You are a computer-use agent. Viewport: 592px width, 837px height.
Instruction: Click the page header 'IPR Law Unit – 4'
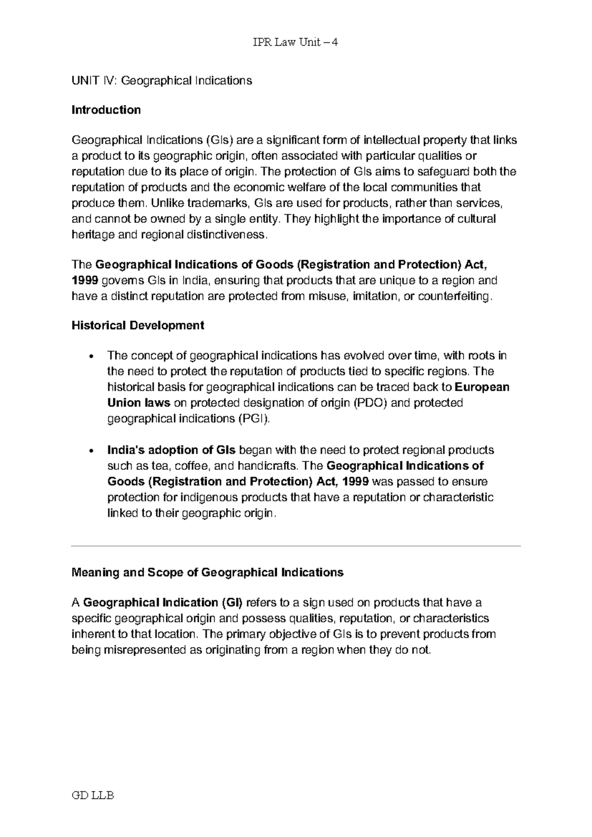point(296,42)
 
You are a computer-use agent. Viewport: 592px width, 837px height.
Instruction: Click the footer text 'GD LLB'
point(93,796)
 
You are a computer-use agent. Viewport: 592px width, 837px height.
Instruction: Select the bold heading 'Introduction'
point(106,110)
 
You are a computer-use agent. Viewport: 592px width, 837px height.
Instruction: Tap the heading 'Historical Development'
point(138,325)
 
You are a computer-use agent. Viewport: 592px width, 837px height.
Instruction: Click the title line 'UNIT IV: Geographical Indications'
point(162,80)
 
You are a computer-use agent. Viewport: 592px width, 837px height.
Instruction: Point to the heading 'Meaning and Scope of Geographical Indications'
point(207,572)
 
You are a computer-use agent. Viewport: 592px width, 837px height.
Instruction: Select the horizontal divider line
point(296,546)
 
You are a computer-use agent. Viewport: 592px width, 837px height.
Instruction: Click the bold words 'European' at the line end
point(481,387)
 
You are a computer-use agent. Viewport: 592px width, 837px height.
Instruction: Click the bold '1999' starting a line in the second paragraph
point(85,280)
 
